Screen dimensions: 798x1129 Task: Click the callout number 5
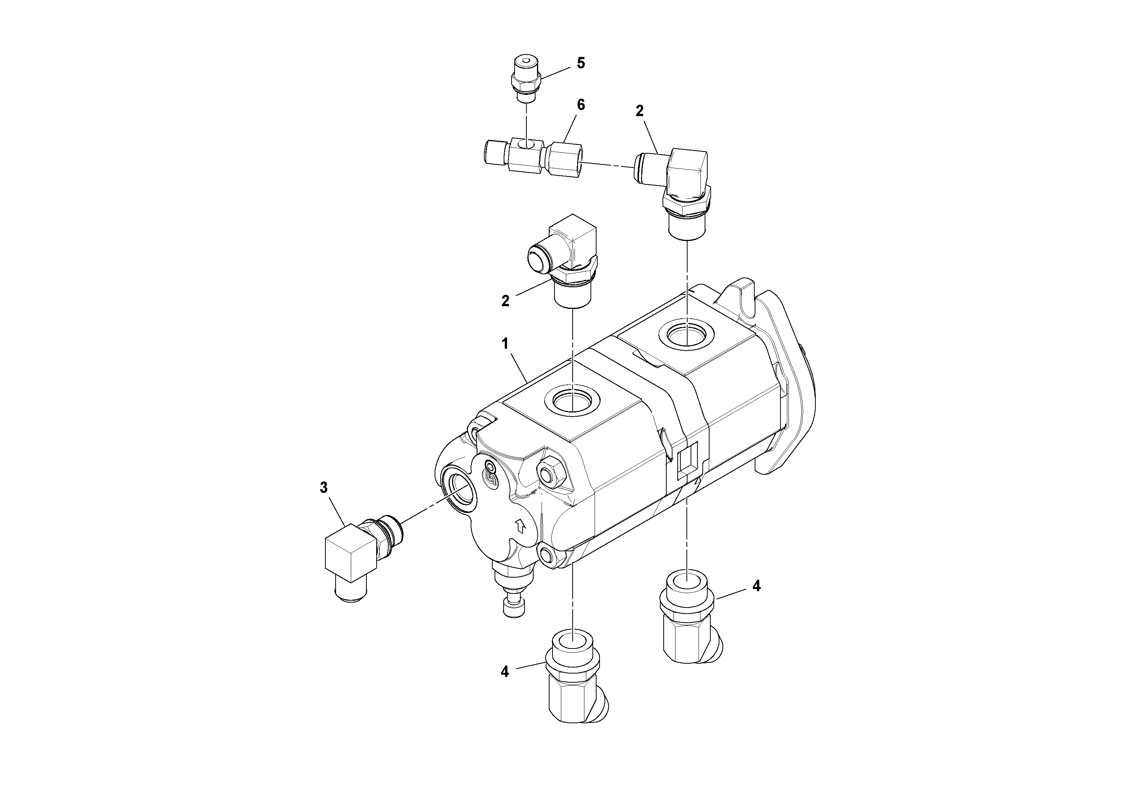(581, 63)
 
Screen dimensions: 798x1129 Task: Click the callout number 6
(581, 105)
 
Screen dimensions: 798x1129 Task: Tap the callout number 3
(323, 488)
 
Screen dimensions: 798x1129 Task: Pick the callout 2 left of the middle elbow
(505, 301)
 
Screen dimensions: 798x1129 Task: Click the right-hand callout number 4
(756, 586)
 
